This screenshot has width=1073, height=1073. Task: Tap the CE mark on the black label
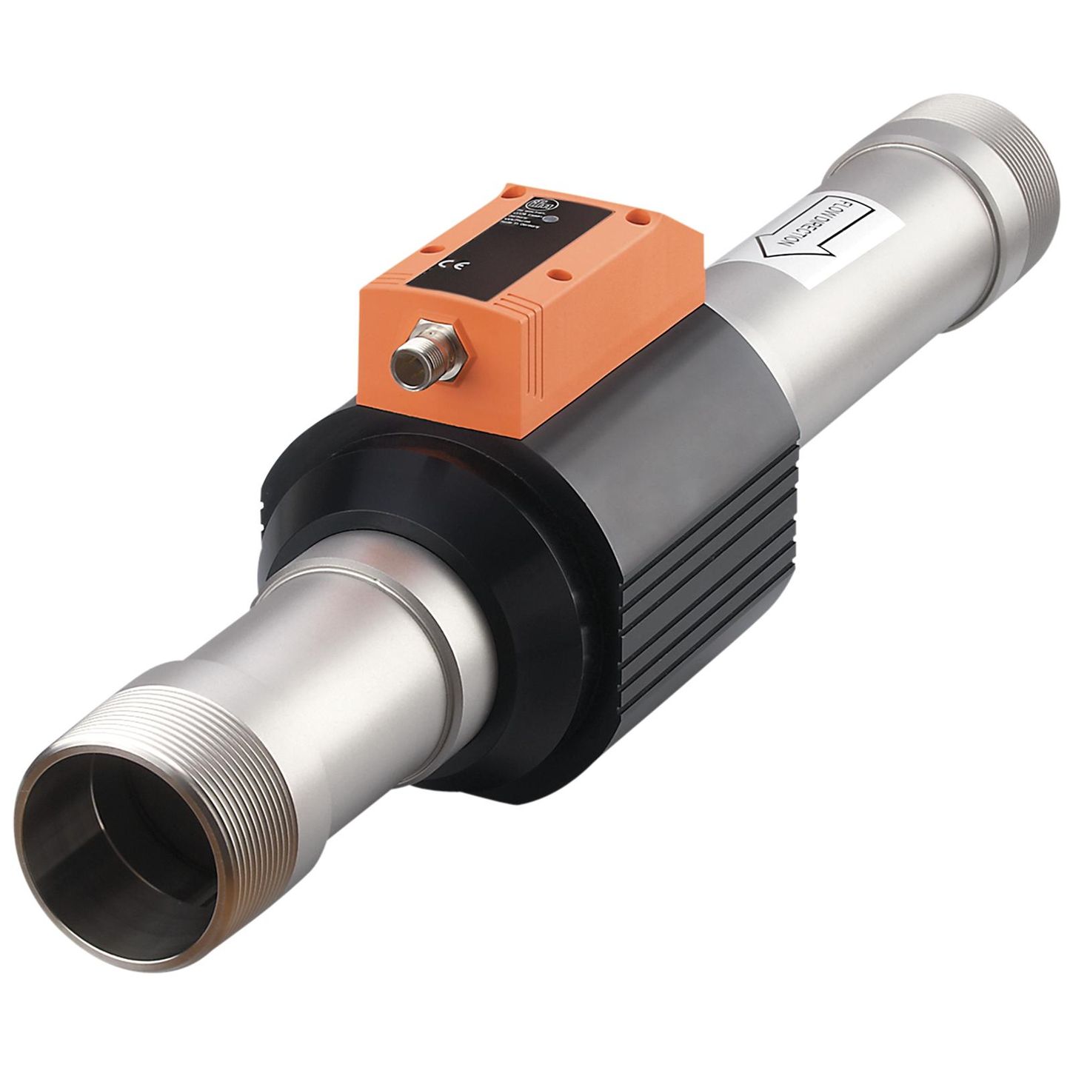tap(450, 264)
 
